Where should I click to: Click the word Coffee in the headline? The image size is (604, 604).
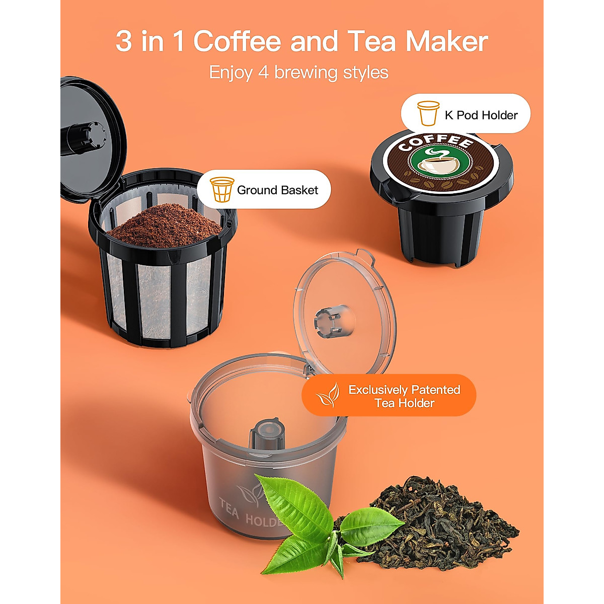[237, 41]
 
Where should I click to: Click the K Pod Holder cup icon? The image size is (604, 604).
[428, 114]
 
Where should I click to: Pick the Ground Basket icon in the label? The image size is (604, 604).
[221, 189]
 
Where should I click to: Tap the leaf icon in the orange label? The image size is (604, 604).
[327, 396]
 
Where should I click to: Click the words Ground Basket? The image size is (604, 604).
[277, 190]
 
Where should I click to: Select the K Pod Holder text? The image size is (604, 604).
[481, 115]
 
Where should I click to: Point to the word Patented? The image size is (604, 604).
[435, 390]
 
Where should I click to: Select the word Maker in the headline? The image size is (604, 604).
[446, 41]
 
